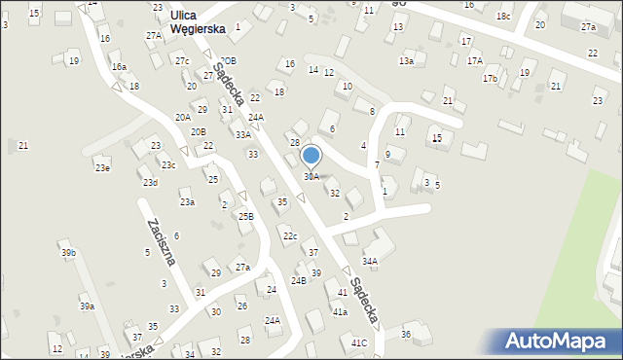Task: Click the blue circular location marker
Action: pos(311,156)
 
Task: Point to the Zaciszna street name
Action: pos(160,243)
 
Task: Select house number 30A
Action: pos(311,177)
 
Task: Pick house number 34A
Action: pos(370,261)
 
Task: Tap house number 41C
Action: pos(359,342)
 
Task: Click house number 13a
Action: pos(406,61)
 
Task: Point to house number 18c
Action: pos(503,17)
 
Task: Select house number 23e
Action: pos(102,168)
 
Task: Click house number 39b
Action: pos(68,253)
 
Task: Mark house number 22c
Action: pos(290,236)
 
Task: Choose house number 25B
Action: pos(246,216)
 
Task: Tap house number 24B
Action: pos(298,280)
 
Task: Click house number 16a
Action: pos(119,66)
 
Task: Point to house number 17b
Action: pos(490,78)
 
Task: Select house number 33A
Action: pos(242,135)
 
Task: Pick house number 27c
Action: pos(182,60)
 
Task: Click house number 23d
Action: pos(150,183)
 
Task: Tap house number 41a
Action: pos(340,312)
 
